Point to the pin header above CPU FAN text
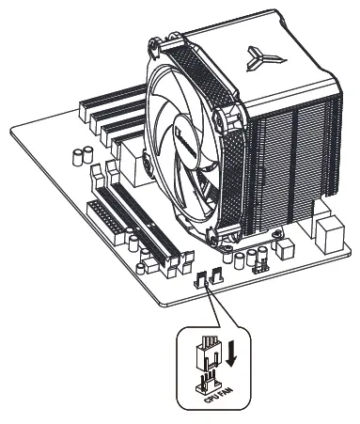tap(208, 382)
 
